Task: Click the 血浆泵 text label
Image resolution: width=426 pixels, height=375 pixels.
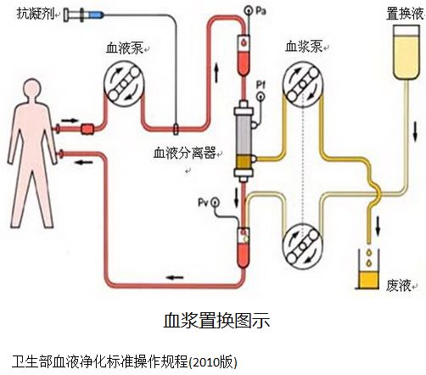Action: [302, 45]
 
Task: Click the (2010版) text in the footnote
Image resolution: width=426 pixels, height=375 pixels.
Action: [214, 360]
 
